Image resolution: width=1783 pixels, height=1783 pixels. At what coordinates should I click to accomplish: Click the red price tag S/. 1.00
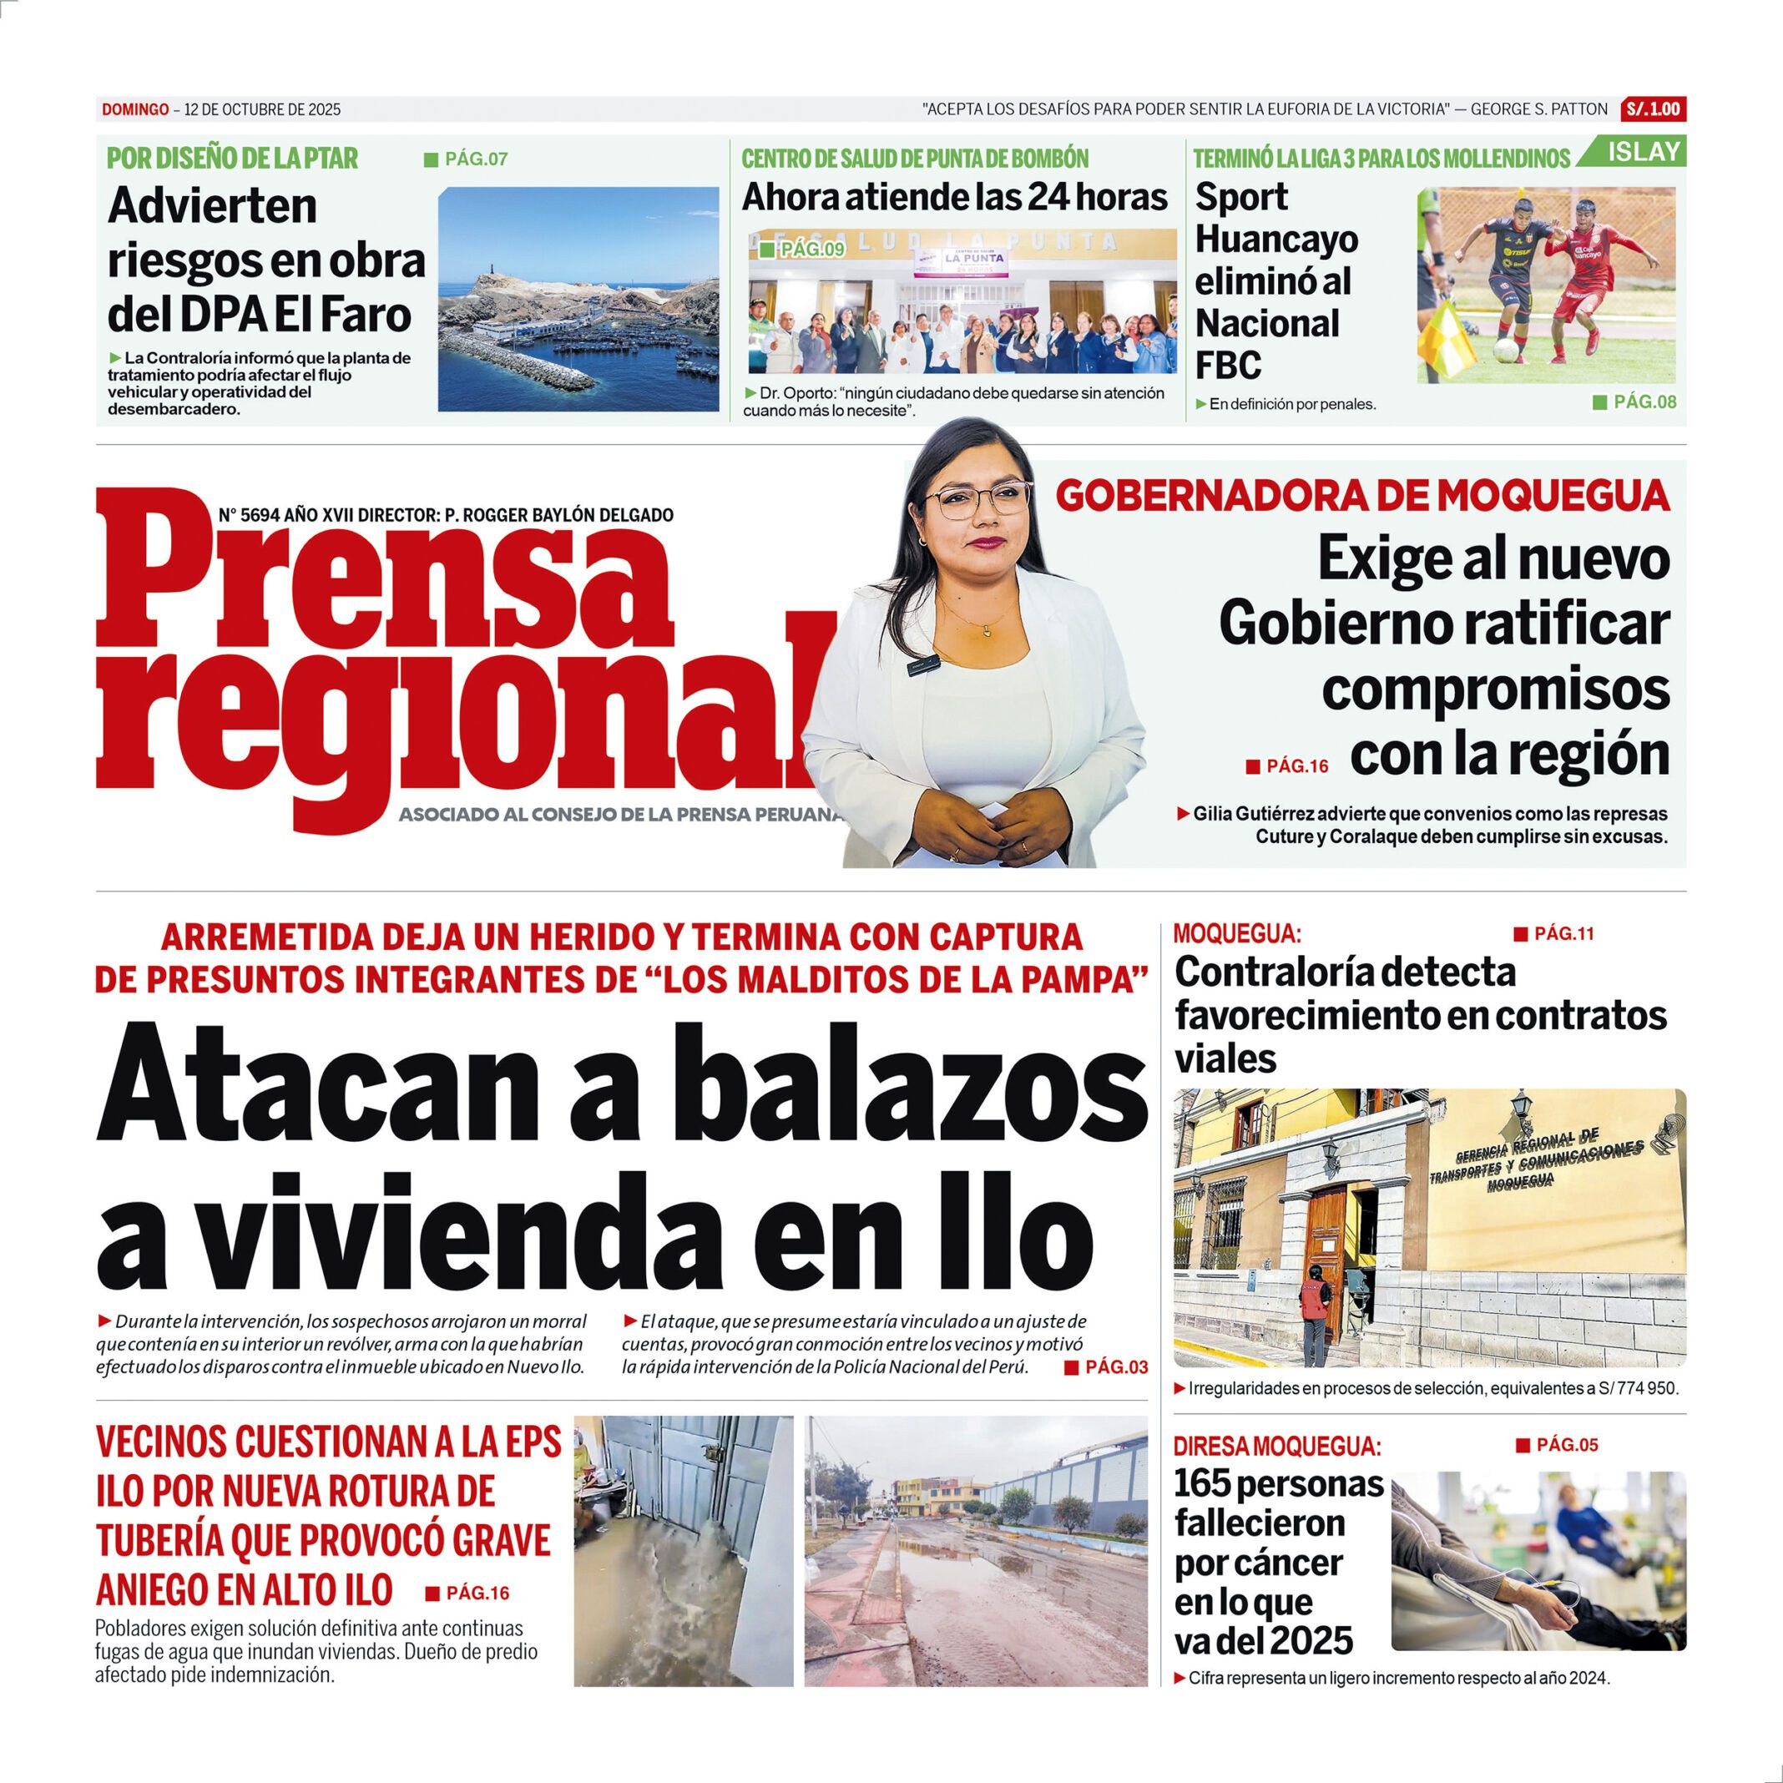1653,109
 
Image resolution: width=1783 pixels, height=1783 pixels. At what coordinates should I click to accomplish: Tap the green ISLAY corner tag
1643,152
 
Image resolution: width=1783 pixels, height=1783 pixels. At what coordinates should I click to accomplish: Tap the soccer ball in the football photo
1505,351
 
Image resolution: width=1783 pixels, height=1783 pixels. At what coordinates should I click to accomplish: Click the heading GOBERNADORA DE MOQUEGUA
1362,497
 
